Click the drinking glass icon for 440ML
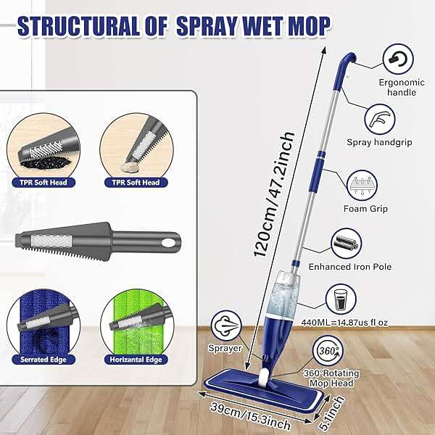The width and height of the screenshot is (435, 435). pos(340,298)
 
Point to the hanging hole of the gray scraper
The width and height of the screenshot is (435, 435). pos(170,241)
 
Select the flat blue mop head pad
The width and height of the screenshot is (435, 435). pos(272,384)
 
